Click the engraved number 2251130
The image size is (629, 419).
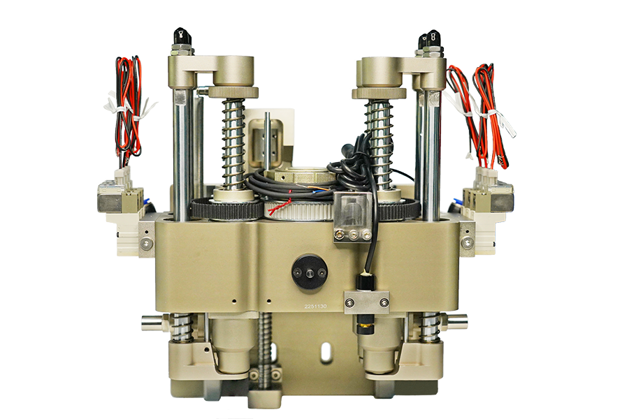(315, 307)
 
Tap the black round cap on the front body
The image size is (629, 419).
(310, 271)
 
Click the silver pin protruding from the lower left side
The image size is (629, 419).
(154, 322)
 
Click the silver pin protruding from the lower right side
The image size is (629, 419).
(454, 322)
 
